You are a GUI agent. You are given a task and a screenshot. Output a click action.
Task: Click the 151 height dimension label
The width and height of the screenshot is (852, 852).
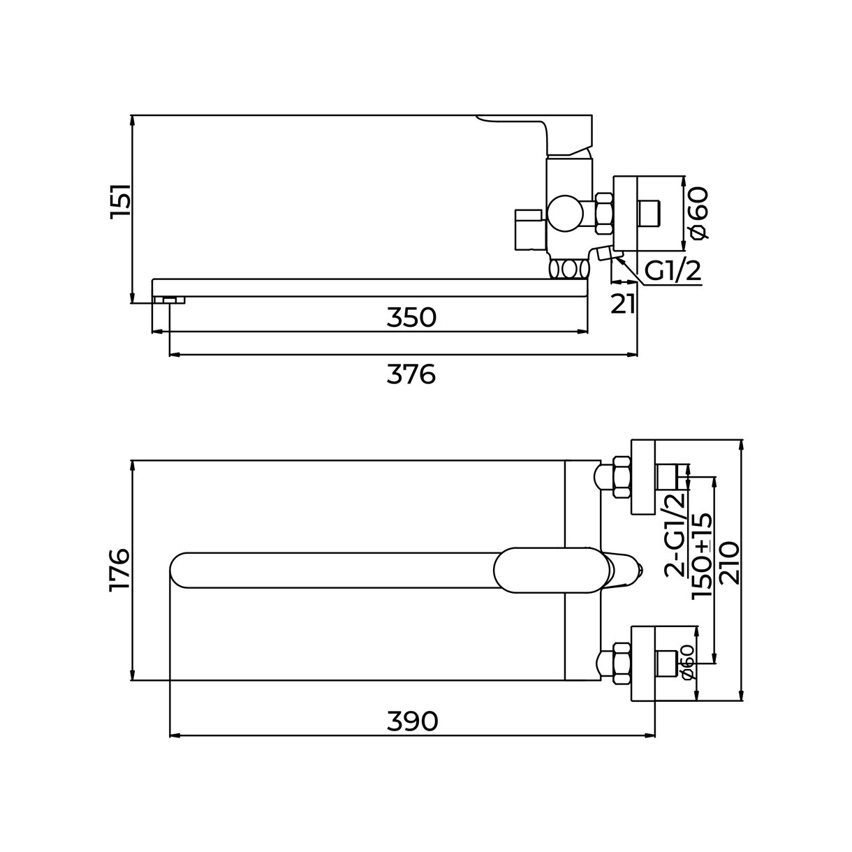tap(121, 201)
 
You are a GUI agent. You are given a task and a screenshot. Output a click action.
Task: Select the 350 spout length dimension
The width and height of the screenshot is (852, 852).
tap(411, 318)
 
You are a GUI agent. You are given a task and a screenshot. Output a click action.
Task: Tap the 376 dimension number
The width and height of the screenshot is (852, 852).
tap(411, 374)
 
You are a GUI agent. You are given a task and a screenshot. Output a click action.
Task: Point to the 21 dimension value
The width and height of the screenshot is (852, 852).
tap(623, 304)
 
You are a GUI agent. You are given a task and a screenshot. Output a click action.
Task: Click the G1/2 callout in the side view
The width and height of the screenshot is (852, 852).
tap(673, 271)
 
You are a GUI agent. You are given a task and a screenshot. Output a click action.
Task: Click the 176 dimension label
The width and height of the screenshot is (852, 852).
tap(121, 570)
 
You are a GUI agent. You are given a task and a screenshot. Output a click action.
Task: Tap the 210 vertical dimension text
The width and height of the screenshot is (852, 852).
tap(730, 563)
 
